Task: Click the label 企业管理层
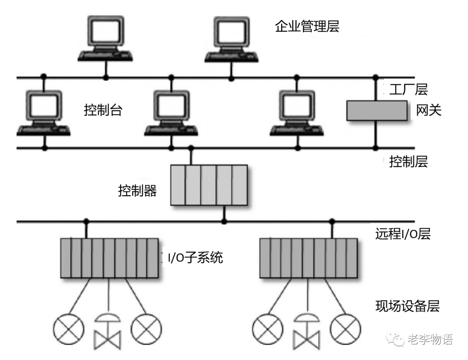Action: pos(307,27)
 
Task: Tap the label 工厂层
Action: pos(408,90)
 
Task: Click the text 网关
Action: pos(429,111)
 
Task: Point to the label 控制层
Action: pos(408,162)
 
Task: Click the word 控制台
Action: pos(103,111)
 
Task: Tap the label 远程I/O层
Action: pos(403,234)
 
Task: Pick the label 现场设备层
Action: pos(407,306)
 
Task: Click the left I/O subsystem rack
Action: pos(109,258)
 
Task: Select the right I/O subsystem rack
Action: pos(309,258)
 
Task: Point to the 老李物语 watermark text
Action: pos(430,340)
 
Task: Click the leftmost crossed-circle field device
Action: pos(68,329)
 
